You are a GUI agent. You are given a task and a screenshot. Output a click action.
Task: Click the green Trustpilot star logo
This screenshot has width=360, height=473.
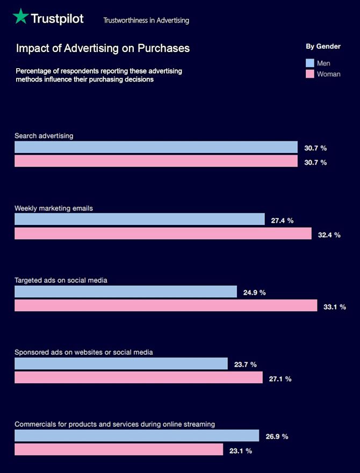tap(21, 17)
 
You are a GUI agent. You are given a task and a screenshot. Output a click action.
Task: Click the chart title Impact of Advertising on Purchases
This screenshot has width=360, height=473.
tap(103, 48)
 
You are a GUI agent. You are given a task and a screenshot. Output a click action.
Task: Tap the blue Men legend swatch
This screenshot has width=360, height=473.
tap(309, 63)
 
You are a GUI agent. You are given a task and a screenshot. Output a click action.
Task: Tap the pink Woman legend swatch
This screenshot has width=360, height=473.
tap(309, 74)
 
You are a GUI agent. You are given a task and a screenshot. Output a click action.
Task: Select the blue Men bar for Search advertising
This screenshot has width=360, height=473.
tap(156, 147)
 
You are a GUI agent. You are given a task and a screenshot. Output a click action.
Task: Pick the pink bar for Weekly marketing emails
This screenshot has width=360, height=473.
tap(163, 234)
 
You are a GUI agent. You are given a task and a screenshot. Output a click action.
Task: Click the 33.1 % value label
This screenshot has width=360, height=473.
tap(335, 307)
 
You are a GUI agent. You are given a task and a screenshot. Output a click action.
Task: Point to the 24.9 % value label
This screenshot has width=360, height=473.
tap(254, 293)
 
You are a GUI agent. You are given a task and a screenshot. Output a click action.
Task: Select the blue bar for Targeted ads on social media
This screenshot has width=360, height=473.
tap(126, 292)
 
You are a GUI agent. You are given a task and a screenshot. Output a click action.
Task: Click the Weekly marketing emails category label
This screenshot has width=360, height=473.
tap(54, 208)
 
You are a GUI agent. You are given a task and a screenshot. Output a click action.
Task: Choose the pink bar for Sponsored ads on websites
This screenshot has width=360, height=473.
tap(139, 377)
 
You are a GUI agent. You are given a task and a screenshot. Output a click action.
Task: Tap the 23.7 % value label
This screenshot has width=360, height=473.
tap(246, 364)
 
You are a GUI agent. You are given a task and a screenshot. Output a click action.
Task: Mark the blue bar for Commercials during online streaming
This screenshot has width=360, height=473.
tap(136, 435)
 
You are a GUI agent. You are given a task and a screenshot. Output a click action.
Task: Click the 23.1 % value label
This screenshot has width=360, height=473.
tap(240, 451)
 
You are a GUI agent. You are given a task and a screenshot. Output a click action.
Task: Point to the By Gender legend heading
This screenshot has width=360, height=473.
tap(323, 47)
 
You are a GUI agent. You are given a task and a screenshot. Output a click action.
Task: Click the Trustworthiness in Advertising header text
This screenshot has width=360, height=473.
tap(146, 20)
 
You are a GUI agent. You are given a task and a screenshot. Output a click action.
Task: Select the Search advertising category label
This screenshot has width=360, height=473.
tap(44, 136)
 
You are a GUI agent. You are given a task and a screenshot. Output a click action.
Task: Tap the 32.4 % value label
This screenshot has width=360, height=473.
tap(329, 235)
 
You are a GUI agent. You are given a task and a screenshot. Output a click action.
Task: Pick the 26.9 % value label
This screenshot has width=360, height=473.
tap(277, 436)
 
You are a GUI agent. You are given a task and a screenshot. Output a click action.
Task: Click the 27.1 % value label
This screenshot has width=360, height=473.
tap(280, 379)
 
